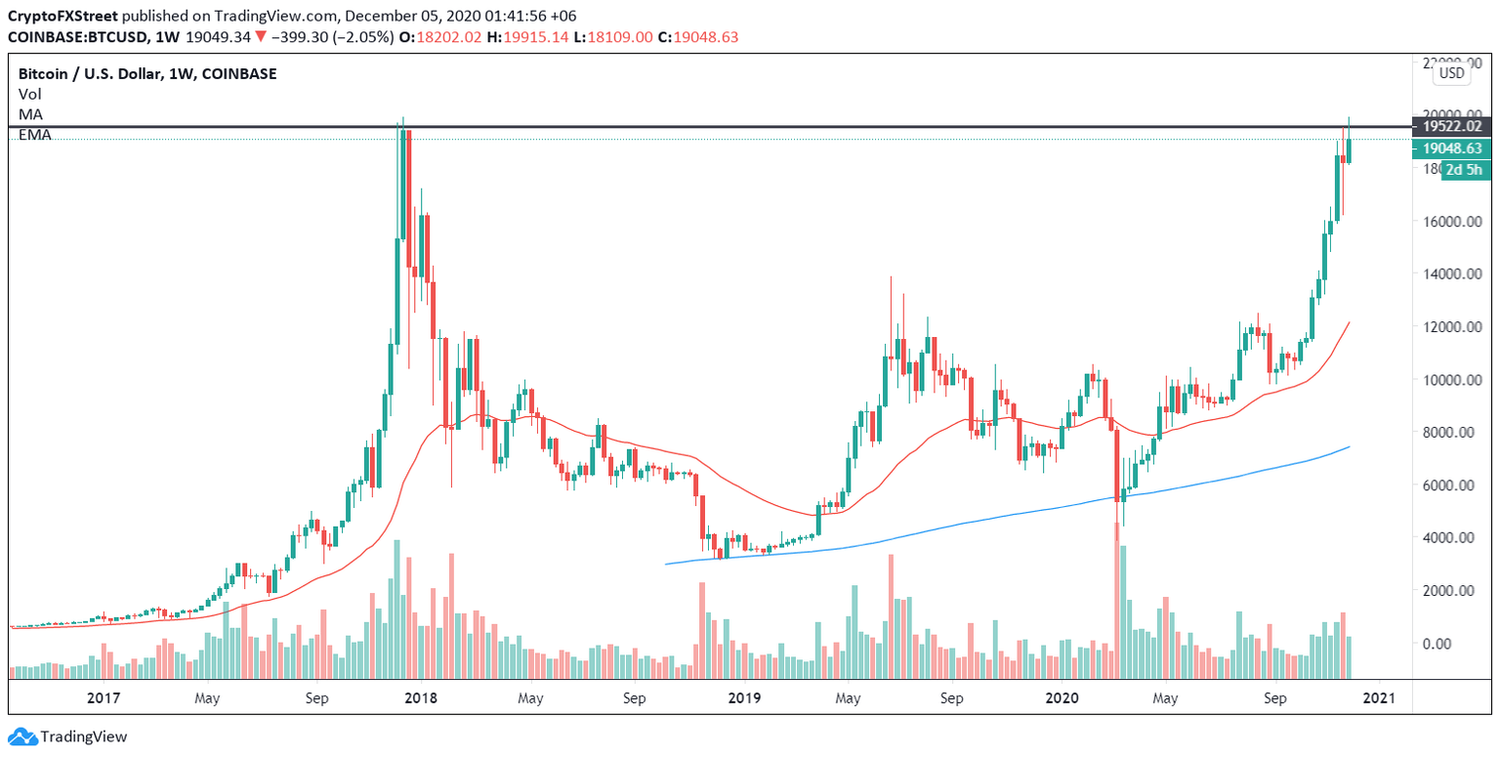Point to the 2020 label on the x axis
(x=1061, y=698)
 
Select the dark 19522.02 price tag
(x=1451, y=126)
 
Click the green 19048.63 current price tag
(x=1451, y=148)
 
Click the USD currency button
(x=1452, y=72)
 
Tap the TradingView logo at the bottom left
(x=68, y=737)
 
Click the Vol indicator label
(x=29, y=95)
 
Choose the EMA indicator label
(x=34, y=134)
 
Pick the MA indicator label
(x=30, y=114)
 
